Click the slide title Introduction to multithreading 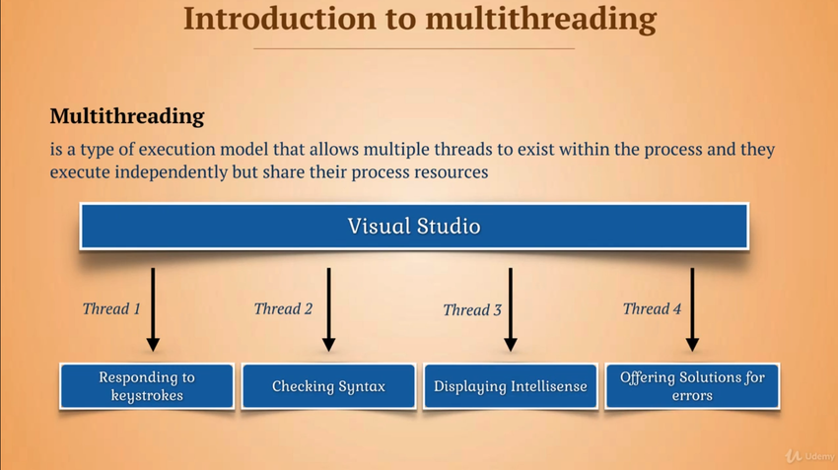(x=420, y=20)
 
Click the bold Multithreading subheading (x=127, y=116)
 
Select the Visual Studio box (x=414, y=226)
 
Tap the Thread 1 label (x=111, y=308)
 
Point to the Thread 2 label (x=283, y=308)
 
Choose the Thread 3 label (x=472, y=309)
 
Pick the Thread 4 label (x=652, y=308)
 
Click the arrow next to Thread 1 (x=153, y=309)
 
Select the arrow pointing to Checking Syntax (x=328, y=309)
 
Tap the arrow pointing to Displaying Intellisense (x=511, y=309)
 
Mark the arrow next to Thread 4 (x=692, y=309)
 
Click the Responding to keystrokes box (x=147, y=386)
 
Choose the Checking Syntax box (x=328, y=386)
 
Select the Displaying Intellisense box (x=511, y=386)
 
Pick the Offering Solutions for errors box (x=692, y=386)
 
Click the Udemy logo (x=809, y=455)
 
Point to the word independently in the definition (x=171, y=172)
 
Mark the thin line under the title (x=414, y=48)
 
